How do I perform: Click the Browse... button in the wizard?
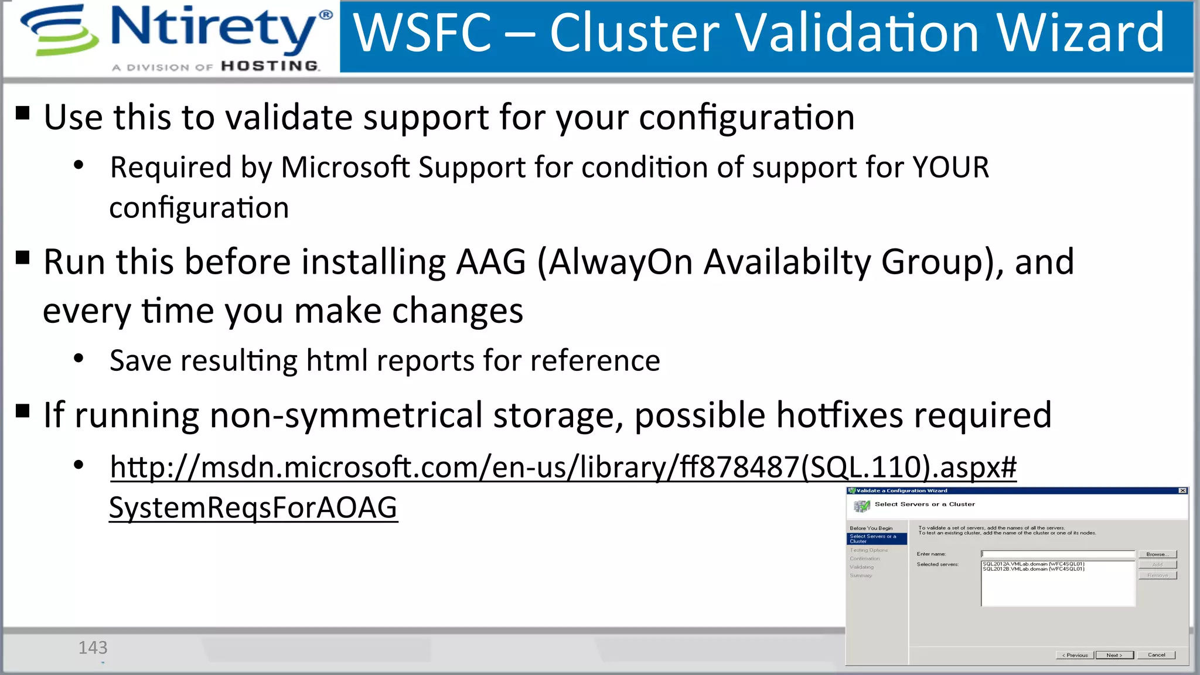[x=1157, y=554]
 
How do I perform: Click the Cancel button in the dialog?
[x=1156, y=655]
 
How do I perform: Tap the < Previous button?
[x=1075, y=655]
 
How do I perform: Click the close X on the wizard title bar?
[x=1182, y=491]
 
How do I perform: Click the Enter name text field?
[x=1058, y=554]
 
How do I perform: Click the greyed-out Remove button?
[x=1157, y=575]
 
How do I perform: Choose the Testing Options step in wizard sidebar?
[x=869, y=550]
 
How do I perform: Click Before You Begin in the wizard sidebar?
[x=871, y=528]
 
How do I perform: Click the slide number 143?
[x=93, y=647]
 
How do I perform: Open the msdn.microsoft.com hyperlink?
[x=562, y=468]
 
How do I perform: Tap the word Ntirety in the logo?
[x=214, y=28]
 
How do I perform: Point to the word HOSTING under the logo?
[x=270, y=66]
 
